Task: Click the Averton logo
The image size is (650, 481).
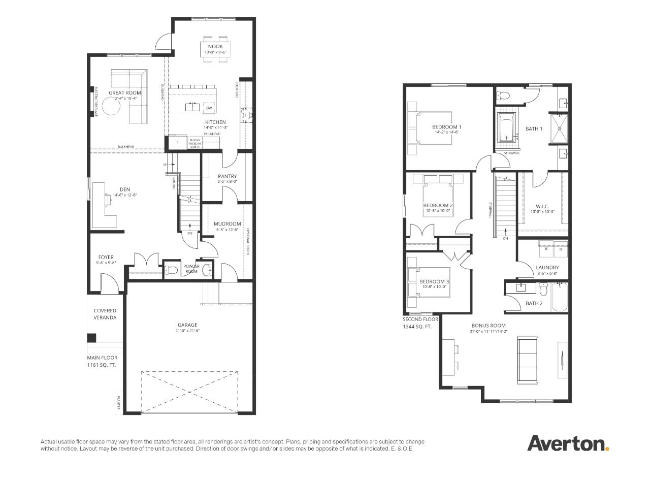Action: click(x=568, y=443)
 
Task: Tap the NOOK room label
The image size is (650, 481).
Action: click(x=215, y=46)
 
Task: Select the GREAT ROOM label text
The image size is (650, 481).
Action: click(x=124, y=93)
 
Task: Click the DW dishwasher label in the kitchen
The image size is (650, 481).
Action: click(x=209, y=108)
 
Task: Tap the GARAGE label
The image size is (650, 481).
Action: click(x=187, y=325)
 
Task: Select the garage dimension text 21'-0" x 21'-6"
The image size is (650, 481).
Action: click(x=187, y=331)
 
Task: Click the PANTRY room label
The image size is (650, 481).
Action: click(x=227, y=176)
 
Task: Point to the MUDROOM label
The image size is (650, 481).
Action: click(x=227, y=223)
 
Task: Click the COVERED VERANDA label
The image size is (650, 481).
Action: click(x=105, y=314)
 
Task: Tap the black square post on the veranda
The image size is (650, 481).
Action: click(x=91, y=338)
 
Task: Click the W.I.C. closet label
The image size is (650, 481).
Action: click(x=543, y=206)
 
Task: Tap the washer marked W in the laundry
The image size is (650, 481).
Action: click(x=546, y=249)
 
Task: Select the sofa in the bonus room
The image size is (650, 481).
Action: click(x=528, y=360)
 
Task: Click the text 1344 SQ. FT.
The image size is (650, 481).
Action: click(x=417, y=327)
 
